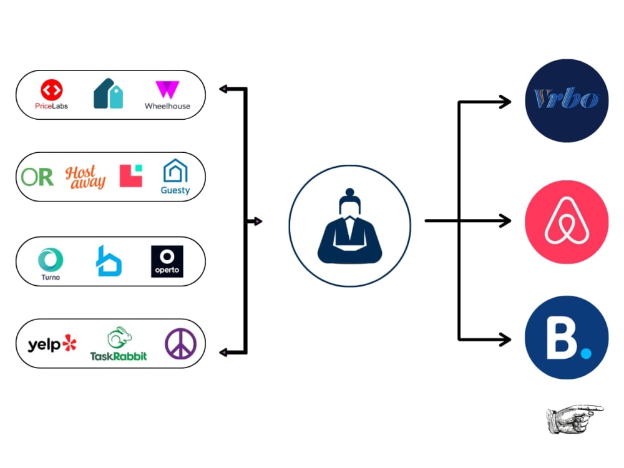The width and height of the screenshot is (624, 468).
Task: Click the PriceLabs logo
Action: pos(51,94)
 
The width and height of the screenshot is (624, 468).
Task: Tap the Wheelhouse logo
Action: pos(167,95)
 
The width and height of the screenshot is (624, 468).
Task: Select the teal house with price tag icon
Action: pos(108,94)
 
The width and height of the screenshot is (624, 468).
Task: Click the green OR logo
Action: pos(37,177)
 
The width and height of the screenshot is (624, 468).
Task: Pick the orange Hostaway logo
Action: pos(85,177)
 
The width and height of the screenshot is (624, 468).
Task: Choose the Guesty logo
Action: pos(175,177)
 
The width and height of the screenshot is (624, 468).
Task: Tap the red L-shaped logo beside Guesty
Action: pos(131,175)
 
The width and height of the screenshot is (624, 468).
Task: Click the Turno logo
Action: pos(51,264)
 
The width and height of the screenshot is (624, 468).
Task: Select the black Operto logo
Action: pos(167,261)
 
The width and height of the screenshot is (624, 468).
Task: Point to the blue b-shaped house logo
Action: pos(109,261)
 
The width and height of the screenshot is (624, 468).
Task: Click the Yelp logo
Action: pos(52,344)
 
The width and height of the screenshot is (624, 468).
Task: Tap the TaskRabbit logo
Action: pos(119,344)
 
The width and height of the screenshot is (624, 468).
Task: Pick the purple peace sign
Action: pos(181,344)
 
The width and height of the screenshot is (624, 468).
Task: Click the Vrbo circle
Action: pos(567,100)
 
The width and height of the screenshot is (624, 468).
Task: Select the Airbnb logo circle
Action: pos(567,222)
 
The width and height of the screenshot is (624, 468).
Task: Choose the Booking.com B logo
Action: pos(567,338)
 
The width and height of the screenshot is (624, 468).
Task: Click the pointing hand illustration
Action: pos(575,419)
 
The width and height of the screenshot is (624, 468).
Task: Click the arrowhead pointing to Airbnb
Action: pos(506,220)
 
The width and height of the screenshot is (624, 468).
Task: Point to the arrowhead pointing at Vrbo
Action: pos(506,102)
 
